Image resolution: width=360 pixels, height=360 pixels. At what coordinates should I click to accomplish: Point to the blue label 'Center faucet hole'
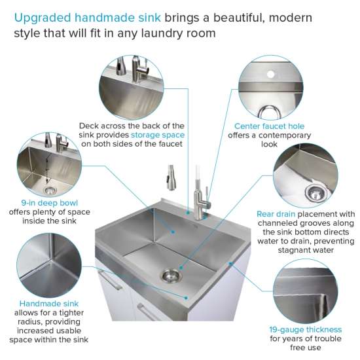(269, 126)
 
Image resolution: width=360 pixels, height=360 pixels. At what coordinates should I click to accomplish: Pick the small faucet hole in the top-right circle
(268, 75)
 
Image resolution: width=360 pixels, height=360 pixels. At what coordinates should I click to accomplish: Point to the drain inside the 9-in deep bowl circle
(50, 190)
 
